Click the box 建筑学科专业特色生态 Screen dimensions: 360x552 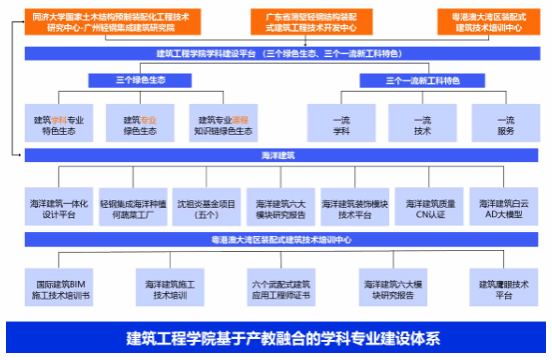[x=58, y=125]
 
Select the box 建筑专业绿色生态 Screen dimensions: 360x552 [x=140, y=125]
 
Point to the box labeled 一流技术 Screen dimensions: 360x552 [x=423, y=125]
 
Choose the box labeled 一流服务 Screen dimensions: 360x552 [x=506, y=125]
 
